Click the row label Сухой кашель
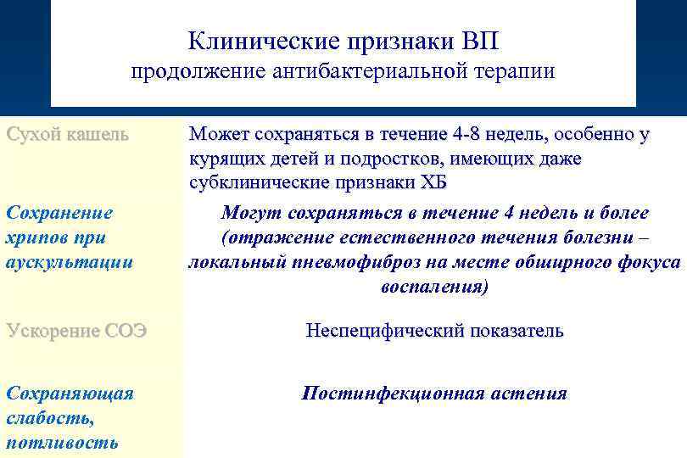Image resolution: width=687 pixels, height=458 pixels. pos(67,134)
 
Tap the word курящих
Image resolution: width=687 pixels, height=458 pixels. pos(222,159)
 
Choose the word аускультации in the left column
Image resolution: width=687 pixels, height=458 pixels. pos(69,262)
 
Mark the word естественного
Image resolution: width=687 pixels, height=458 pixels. pos(388,237)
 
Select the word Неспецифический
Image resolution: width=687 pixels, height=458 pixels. pos(378,331)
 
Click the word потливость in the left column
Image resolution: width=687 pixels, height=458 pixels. pos(62,442)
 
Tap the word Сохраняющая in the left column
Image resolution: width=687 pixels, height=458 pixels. pos(70,394)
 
